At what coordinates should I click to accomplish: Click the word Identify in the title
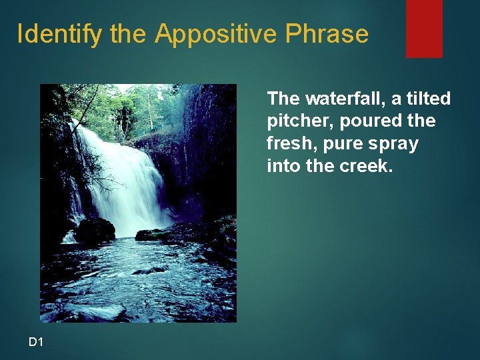coord(59,33)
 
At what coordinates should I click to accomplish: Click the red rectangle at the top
coord(424,28)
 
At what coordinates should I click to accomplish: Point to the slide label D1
coord(36,342)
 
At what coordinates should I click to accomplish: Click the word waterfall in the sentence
coord(345,99)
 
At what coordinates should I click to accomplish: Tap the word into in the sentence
coord(284,165)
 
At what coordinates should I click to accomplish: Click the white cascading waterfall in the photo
coord(123,180)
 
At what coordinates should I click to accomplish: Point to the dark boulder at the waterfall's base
coord(95,230)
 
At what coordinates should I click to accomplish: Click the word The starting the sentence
coord(283,99)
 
